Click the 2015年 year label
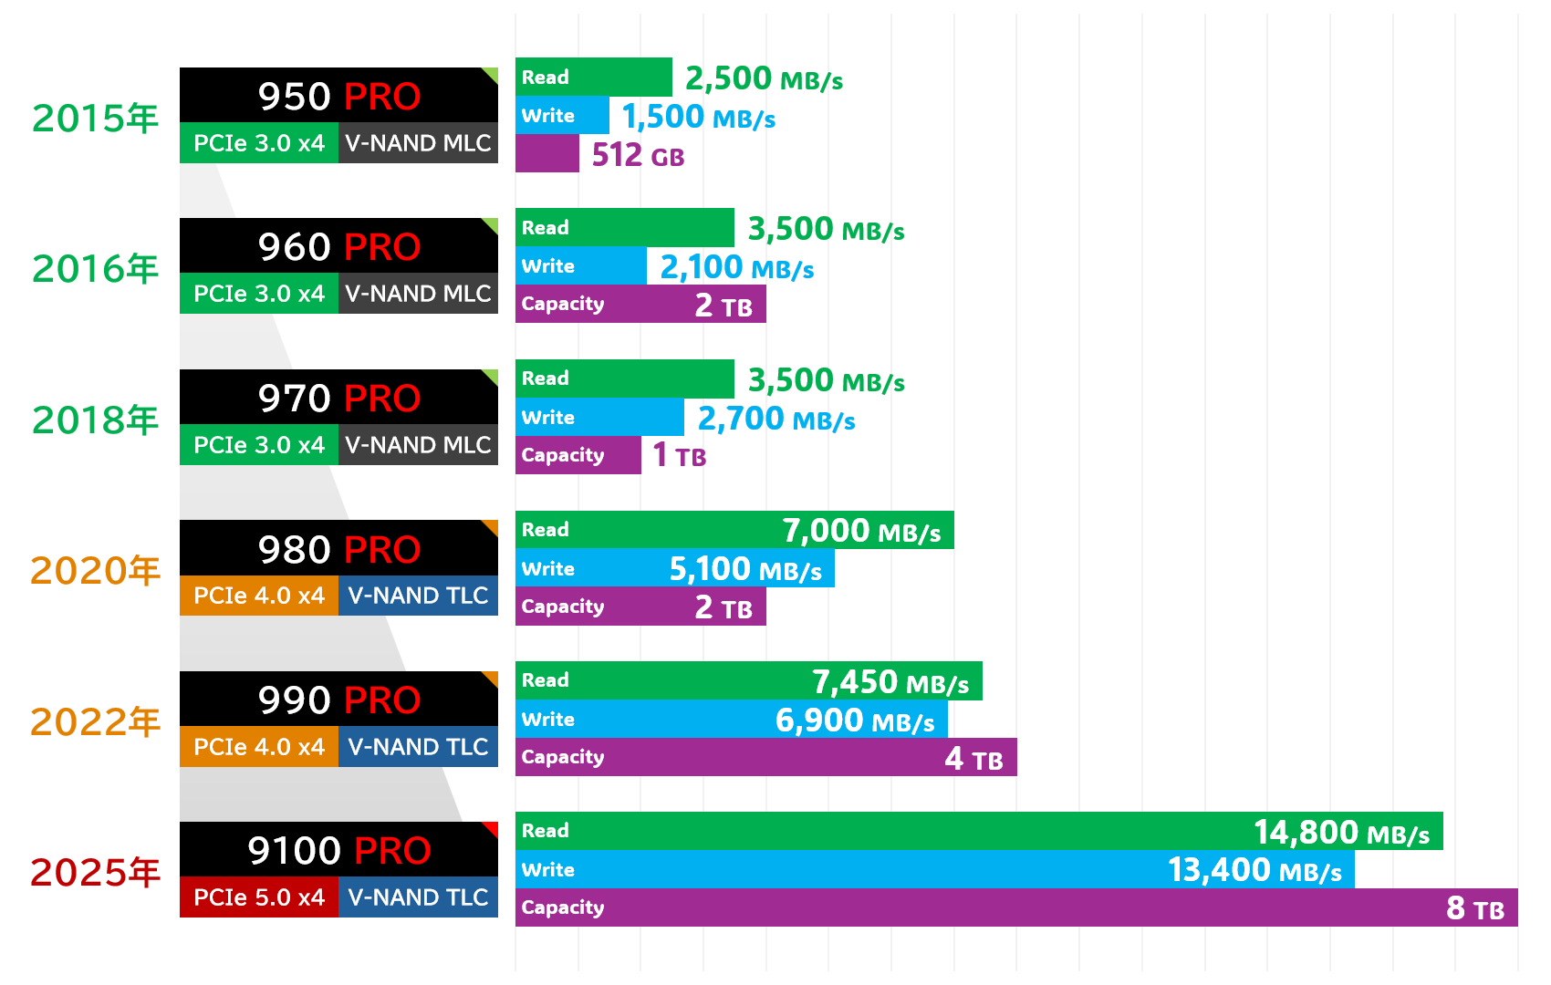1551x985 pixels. tap(95, 119)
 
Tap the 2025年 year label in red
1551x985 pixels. tap(95, 873)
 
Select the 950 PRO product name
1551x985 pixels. tap(338, 96)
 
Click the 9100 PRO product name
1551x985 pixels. tap(338, 851)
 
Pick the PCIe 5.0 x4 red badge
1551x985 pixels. tap(259, 897)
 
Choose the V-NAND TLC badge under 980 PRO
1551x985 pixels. tap(418, 596)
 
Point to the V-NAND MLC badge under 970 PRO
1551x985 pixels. tap(418, 445)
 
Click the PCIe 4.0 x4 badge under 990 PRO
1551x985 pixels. tap(259, 747)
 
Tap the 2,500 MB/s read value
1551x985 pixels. tap(764, 79)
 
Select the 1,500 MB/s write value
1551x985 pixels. tap(698, 118)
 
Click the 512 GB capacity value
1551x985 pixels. tap(638, 156)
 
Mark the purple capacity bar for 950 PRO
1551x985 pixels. tap(546, 154)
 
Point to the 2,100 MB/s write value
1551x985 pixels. tap(736, 268)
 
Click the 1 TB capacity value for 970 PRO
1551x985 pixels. tap(679, 455)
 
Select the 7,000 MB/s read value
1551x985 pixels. tap(861, 531)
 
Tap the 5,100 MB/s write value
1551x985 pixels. tap(745, 570)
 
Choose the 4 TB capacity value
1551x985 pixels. tap(973, 759)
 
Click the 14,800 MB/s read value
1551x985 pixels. tap(1341, 833)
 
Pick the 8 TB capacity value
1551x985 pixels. tap(1475, 908)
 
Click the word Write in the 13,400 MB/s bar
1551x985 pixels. tap(547, 870)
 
